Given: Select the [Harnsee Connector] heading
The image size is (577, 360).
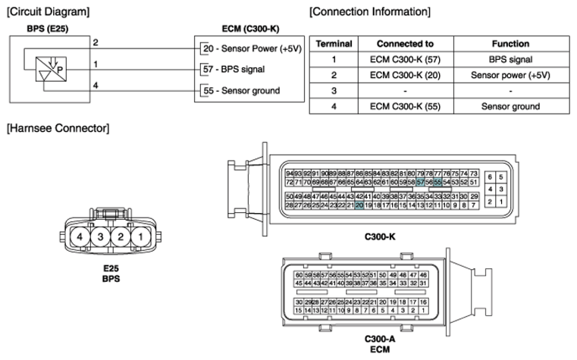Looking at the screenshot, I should (58, 128).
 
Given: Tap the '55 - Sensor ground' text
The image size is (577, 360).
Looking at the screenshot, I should (242, 91).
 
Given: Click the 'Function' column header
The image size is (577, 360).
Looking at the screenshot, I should (510, 44).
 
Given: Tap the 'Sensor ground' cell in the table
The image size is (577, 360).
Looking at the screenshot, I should (510, 107).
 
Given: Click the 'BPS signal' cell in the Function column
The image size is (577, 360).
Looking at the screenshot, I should (510, 58).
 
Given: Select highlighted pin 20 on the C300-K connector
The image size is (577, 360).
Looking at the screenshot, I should (359, 205).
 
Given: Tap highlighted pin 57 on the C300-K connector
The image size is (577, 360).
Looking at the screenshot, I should (421, 182).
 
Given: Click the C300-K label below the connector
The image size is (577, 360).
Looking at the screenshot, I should (380, 237).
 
